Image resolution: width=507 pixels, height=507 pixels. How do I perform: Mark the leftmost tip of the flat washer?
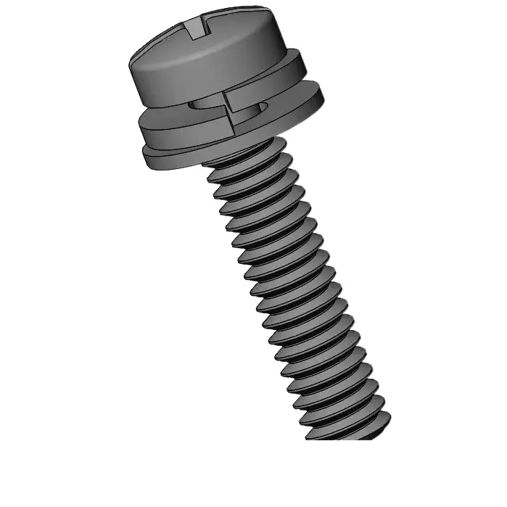pyautogui.click(x=144, y=152)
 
